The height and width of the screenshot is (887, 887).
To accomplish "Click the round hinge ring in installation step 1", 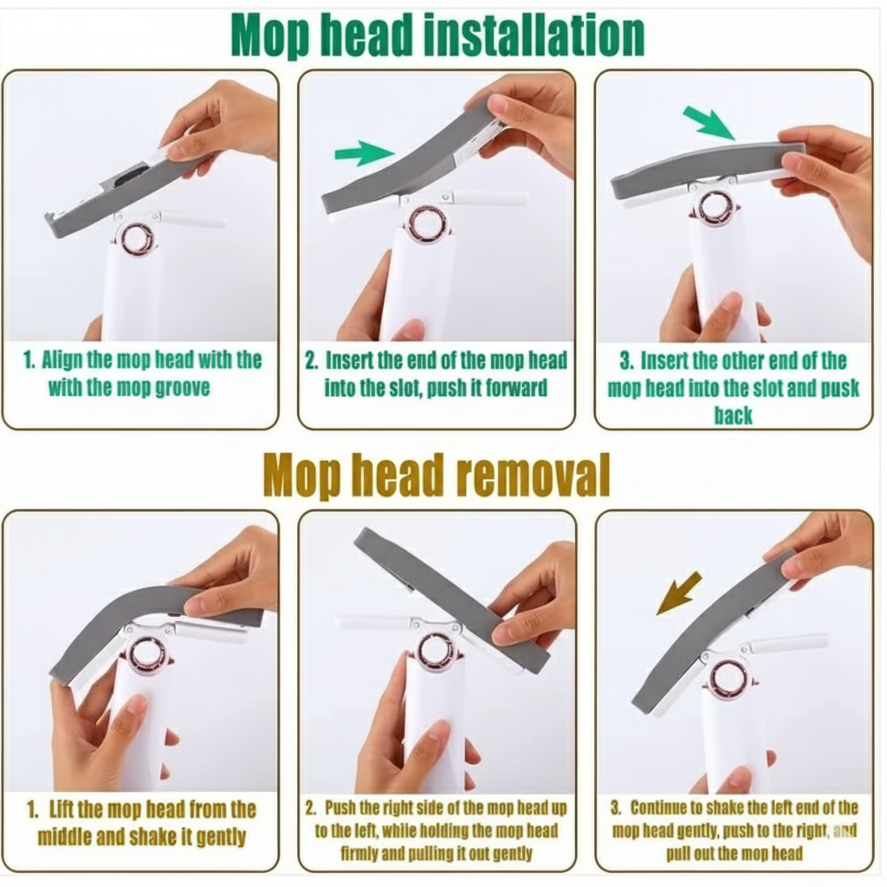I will point(136,238).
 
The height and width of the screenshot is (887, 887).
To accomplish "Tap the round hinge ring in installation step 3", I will point(715,208).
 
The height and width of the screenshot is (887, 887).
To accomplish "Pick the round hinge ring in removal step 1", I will point(150,656).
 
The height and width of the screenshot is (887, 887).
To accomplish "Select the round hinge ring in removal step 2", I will point(437,651).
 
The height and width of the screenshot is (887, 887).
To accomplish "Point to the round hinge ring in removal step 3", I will point(728,677).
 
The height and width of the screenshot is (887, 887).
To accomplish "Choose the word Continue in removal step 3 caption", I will point(664,808).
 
